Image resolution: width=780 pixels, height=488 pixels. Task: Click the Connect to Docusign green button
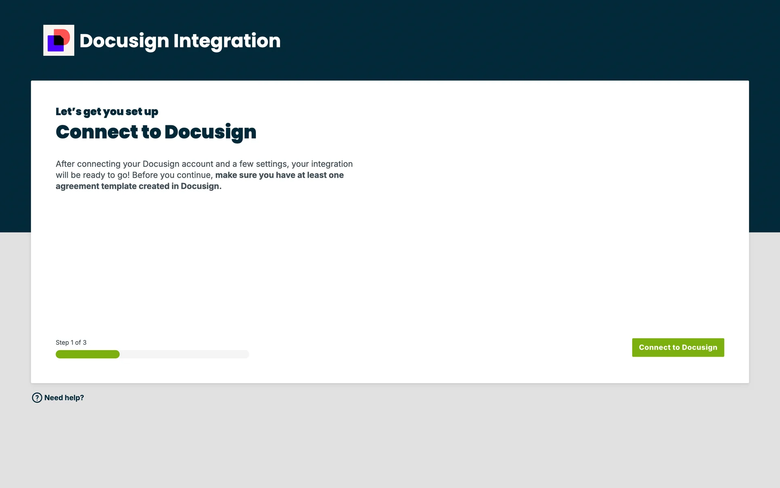[678, 347]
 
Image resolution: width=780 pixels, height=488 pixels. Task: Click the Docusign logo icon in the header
[59, 40]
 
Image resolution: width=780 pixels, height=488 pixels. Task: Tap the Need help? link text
[64, 398]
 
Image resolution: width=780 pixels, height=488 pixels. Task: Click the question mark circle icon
[37, 398]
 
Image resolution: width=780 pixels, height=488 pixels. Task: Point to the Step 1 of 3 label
[71, 342]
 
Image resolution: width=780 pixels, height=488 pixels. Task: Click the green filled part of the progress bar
[88, 354]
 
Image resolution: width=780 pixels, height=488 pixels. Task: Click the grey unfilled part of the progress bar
[184, 354]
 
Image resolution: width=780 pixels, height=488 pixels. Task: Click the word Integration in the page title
[227, 41]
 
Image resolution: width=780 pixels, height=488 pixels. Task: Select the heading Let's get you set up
[107, 112]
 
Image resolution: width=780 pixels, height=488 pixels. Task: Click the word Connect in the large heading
[97, 132]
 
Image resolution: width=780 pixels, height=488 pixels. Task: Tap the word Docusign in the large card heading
[210, 133]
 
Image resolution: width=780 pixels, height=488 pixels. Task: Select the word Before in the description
[145, 175]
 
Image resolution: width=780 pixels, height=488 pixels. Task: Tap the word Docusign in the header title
[124, 41]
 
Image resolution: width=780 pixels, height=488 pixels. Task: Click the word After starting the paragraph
[65, 164]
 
